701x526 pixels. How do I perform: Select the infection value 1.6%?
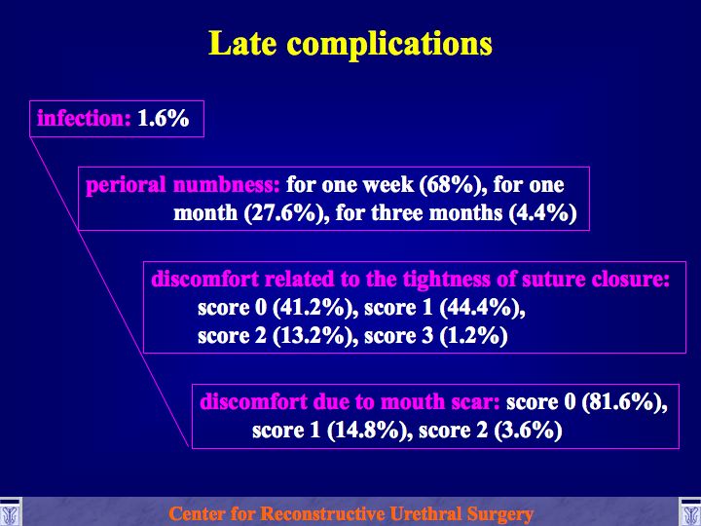(164, 119)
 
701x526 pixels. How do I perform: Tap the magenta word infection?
(84, 119)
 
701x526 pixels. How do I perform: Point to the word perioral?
(126, 185)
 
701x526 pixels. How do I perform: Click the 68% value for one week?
(454, 185)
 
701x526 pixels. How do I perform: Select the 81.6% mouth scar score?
(624, 402)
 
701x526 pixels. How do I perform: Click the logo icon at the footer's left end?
(10, 512)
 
